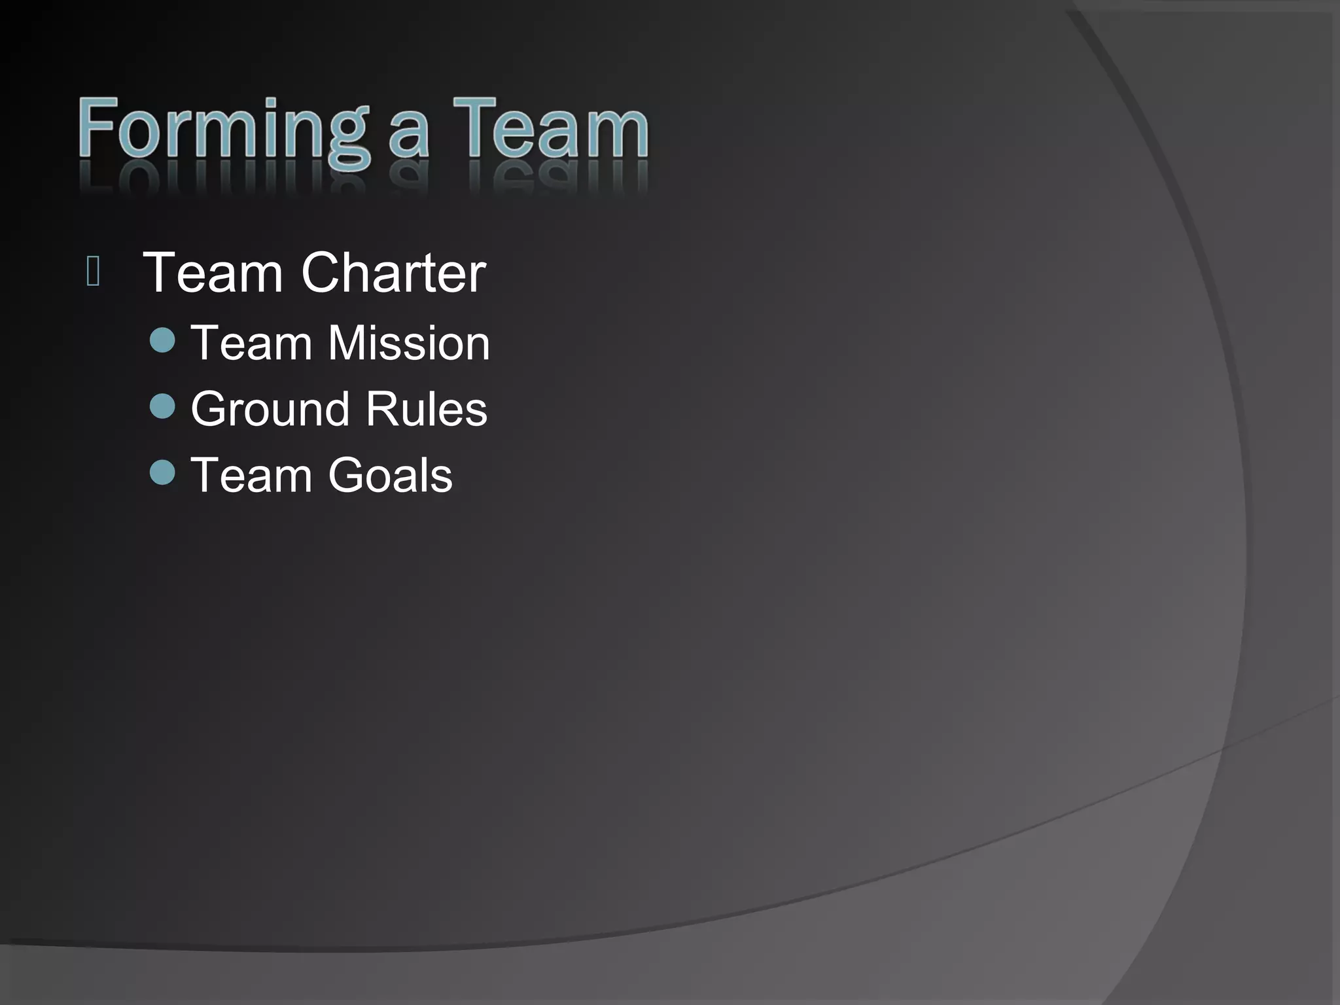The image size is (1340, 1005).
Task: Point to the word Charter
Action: tap(393, 273)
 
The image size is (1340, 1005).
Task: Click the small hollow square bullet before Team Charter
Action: tap(93, 272)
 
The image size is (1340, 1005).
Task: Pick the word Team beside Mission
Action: tap(251, 343)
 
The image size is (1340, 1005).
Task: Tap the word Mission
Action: tap(409, 343)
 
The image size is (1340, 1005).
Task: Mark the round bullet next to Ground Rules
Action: tap(162, 406)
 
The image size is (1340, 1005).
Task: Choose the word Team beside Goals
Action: tap(251, 475)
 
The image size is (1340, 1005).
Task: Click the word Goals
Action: tap(390, 475)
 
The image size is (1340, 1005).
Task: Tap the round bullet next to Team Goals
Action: tap(162, 472)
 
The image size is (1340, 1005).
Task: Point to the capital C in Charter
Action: tap(323, 273)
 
